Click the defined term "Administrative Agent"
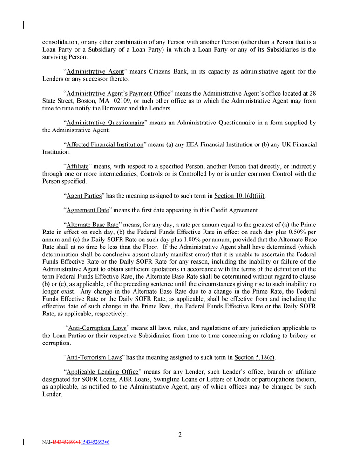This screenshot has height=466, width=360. [x=95, y=72]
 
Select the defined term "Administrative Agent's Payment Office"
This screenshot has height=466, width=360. [x=118, y=93]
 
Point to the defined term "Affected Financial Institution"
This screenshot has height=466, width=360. [x=105, y=144]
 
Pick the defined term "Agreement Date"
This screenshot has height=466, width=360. [x=90, y=210]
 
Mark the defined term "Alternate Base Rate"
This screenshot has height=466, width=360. [x=93, y=224]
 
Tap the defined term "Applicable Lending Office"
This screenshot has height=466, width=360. [x=102, y=372]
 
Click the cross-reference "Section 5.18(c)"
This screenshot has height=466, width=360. [x=254, y=357]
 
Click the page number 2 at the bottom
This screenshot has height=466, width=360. [x=180, y=435]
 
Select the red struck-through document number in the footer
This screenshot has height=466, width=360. [x=66, y=442]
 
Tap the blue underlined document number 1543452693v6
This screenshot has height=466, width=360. [x=95, y=442]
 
